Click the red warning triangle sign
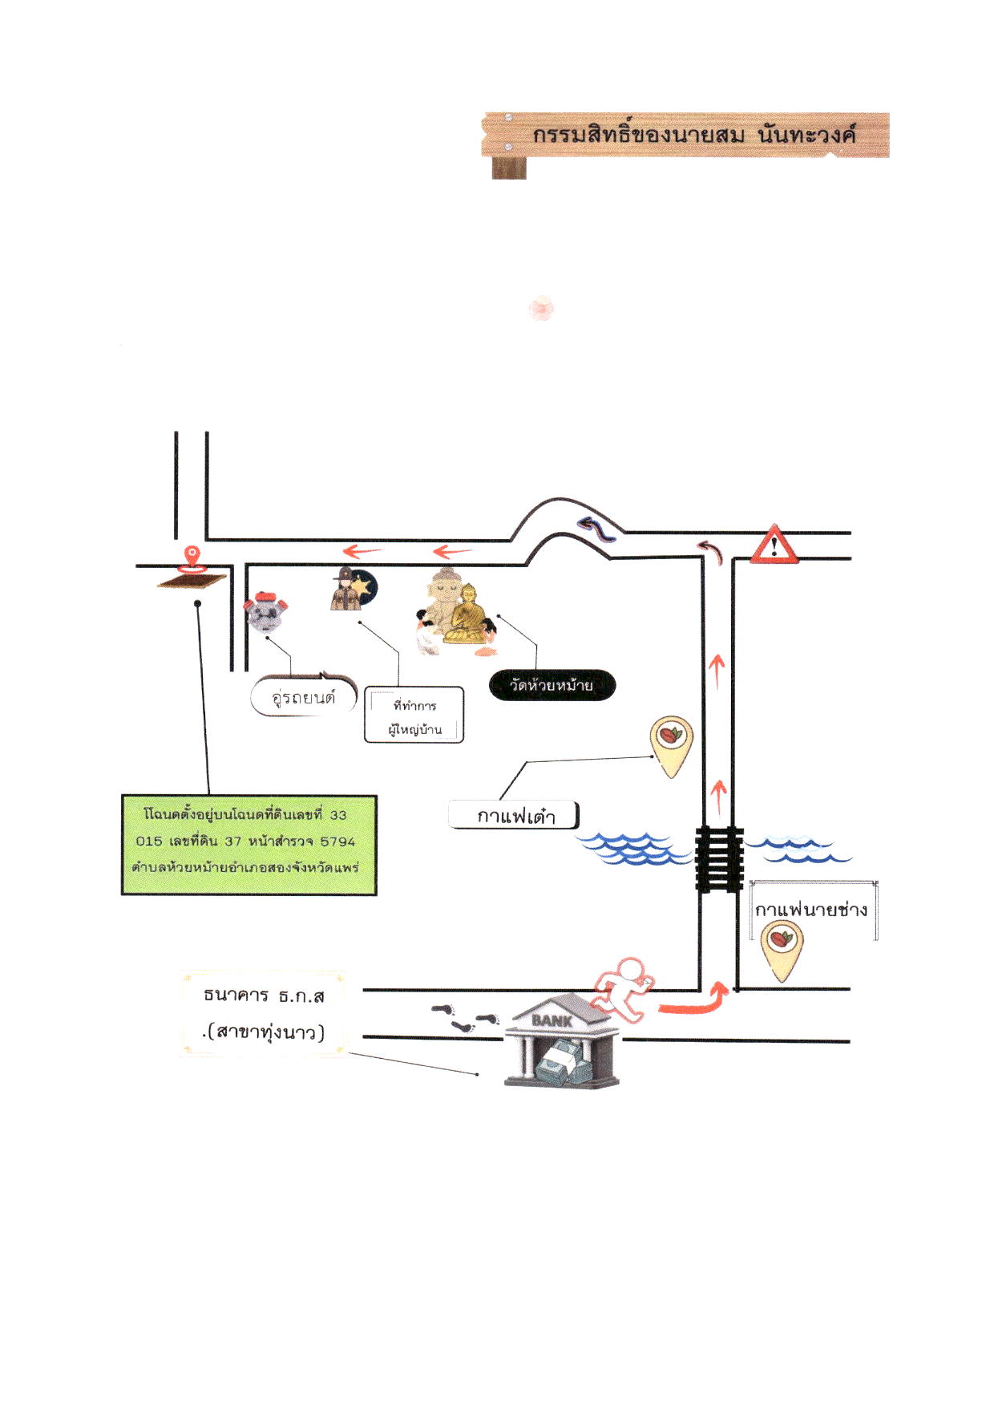coord(774,545)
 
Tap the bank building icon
coord(561,1041)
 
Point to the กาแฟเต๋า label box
coord(514,815)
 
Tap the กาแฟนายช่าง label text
coord(811,909)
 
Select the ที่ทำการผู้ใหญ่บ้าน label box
coord(414,715)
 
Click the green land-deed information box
coord(249,845)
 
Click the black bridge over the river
coord(719,858)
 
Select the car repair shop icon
coord(266,613)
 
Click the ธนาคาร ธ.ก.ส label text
coord(264,995)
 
